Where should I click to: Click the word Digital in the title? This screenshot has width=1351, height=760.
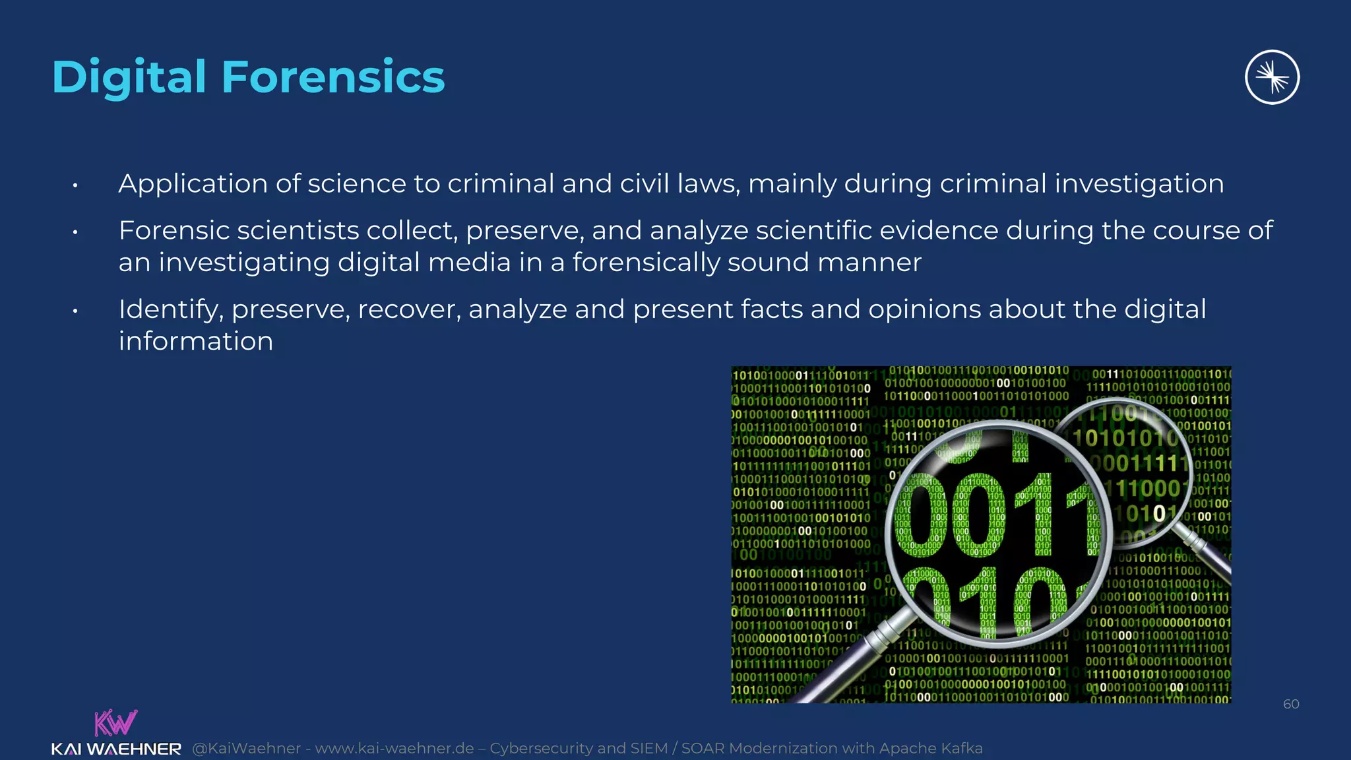[x=129, y=77]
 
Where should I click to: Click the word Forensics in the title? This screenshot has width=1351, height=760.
[x=333, y=77]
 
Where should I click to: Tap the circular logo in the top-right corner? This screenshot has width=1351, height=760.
[x=1272, y=77]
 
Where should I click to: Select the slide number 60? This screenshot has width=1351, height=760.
[x=1291, y=704]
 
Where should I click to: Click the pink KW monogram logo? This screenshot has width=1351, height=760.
[x=115, y=722]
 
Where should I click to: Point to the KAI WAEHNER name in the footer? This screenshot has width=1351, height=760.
[x=116, y=749]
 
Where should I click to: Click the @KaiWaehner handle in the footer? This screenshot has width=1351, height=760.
[x=246, y=748]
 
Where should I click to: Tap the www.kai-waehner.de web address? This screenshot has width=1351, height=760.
[x=394, y=748]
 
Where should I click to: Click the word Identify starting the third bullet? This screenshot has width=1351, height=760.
[x=170, y=310]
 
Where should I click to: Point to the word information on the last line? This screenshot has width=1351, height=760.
[x=196, y=342]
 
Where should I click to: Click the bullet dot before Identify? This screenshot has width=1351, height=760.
[x=76, y=311]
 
